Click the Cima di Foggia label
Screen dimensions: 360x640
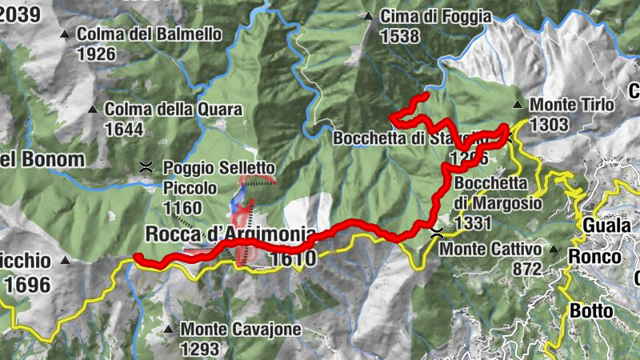[422, 16]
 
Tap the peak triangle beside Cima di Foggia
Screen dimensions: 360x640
[368, 16]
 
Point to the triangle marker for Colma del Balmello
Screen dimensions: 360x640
[66, 34]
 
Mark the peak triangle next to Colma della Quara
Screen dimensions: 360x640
[93, 109]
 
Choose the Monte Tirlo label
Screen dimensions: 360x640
[571, 105]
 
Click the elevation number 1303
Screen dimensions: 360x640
[548, 124]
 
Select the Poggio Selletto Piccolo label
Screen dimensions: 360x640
[218, 178]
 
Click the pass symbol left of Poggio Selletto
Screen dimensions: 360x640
[146, 167]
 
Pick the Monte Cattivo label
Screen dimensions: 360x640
[491, 249]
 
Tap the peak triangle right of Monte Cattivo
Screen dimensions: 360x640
[554, 249]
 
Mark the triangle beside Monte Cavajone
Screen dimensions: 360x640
[168, 329]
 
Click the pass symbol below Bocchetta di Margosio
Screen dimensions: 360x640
[437, 234]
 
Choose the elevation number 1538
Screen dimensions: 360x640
[400, 36]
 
